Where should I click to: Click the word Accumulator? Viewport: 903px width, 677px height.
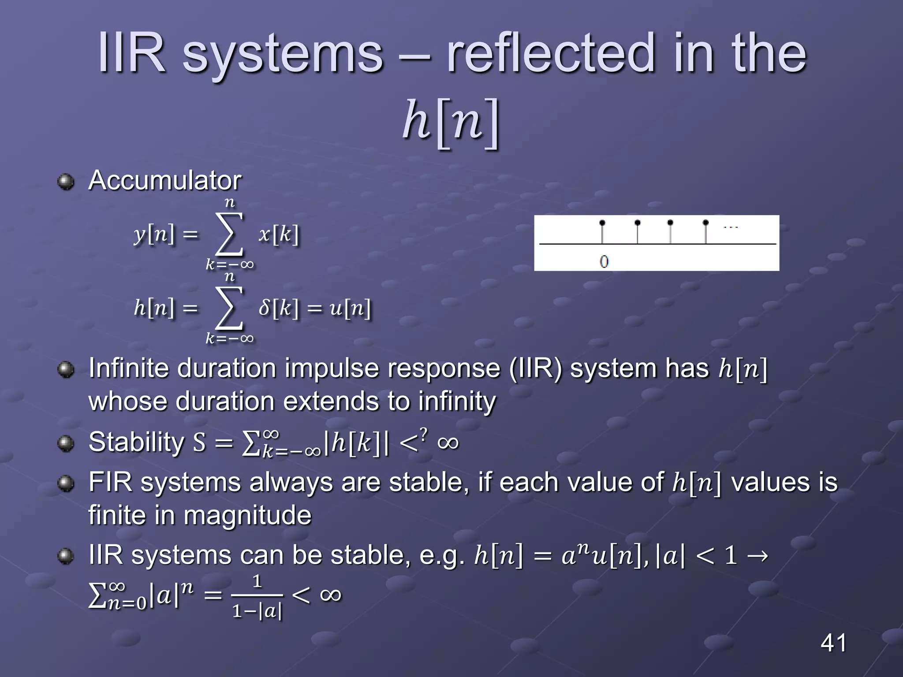164,181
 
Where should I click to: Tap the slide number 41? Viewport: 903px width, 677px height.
833,643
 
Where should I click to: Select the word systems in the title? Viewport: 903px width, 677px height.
282,54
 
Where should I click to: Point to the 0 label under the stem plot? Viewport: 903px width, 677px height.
604,261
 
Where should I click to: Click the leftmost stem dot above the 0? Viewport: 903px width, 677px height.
602,223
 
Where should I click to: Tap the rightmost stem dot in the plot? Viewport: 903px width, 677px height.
705,223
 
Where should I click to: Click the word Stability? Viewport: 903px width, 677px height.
136,442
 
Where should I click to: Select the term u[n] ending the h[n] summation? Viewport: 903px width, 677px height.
351,308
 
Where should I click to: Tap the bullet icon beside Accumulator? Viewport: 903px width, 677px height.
66,182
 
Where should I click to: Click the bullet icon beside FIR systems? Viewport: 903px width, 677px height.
66,484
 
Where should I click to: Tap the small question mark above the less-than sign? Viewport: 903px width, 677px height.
424,434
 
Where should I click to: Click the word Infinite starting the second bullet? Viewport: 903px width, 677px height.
128,368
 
